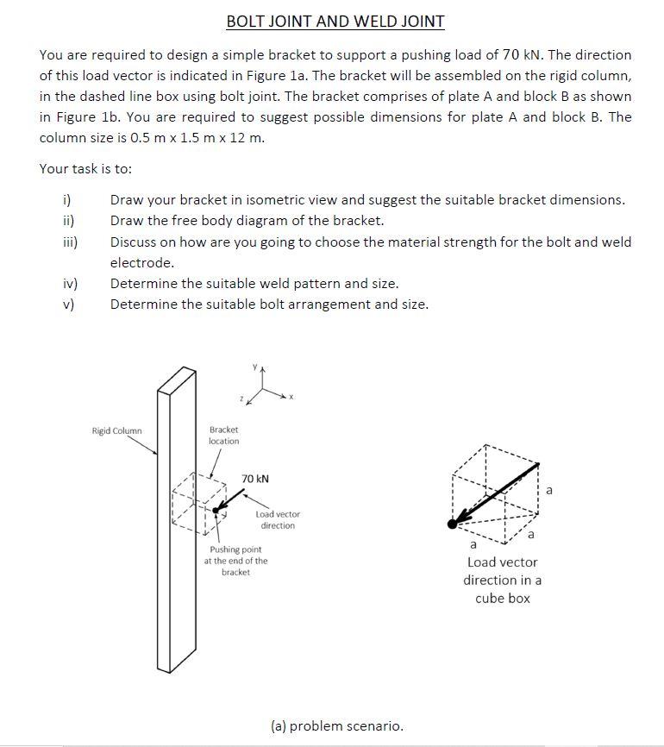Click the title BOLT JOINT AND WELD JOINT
point(335,21)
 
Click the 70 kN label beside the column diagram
point(255,478)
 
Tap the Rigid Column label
point(117,430)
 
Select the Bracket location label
point(224,435)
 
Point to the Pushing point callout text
point(235,561)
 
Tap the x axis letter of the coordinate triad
point(291,397)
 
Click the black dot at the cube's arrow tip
point(453,524)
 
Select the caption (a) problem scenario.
point(336,725)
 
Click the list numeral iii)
point(66,242)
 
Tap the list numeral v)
point(66,304)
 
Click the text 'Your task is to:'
point(86,169)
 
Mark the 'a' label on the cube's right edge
point(551,490)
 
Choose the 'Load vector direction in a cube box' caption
point(502,581)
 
